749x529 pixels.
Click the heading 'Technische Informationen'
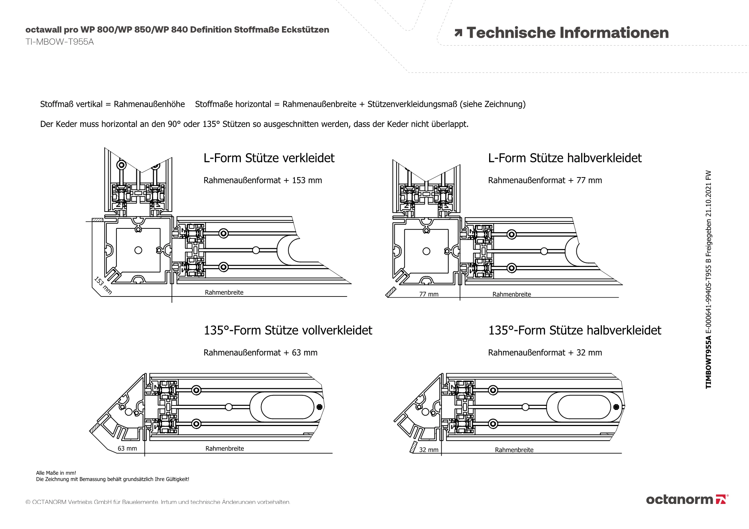567,33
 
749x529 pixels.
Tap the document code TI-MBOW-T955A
60,42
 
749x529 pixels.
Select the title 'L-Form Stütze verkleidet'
269,158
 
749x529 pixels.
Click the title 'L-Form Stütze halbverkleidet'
565,158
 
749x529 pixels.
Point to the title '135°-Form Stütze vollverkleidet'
288,330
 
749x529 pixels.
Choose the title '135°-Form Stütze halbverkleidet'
575,330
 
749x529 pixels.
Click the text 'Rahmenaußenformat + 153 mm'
263,180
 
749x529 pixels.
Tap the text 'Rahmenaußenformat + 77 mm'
545,180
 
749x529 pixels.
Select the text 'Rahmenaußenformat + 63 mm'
260,353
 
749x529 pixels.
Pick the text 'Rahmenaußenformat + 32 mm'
545,353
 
